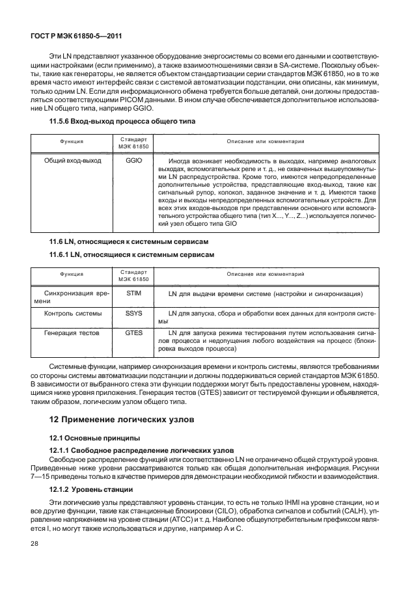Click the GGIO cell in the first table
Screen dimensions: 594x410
(x=134, y=159)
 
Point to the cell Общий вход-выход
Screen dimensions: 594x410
(x=72, y=159)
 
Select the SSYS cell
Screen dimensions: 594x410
(x=134, y=314)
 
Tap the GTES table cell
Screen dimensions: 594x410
(x=134, y=332)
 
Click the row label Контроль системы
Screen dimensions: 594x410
(x=72, y=314)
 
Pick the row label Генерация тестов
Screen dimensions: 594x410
(x=72, y=332)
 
